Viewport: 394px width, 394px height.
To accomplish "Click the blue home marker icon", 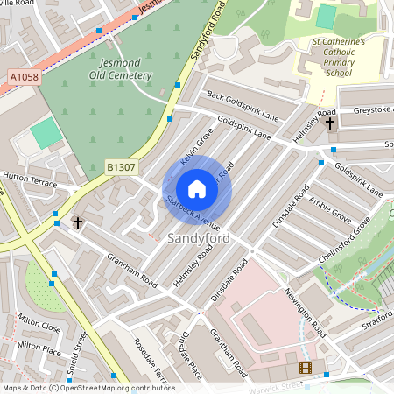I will point(197,188).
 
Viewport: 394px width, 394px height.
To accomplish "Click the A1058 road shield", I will point(25,77).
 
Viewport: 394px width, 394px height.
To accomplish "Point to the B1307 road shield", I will point(122,165).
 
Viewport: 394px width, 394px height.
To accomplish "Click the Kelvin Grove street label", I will point(197,146).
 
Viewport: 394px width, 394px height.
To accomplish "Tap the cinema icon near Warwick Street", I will point(305,369).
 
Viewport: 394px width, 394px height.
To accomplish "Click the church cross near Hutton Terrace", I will point(77,223).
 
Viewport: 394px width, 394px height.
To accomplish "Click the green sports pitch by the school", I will point(326,17).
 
